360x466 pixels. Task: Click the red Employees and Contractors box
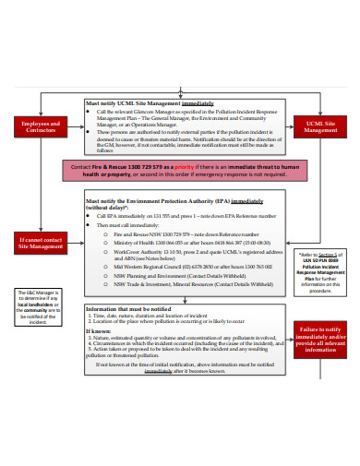click(x=39, y=126)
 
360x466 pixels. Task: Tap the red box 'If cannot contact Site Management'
click(x=40, y=244)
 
